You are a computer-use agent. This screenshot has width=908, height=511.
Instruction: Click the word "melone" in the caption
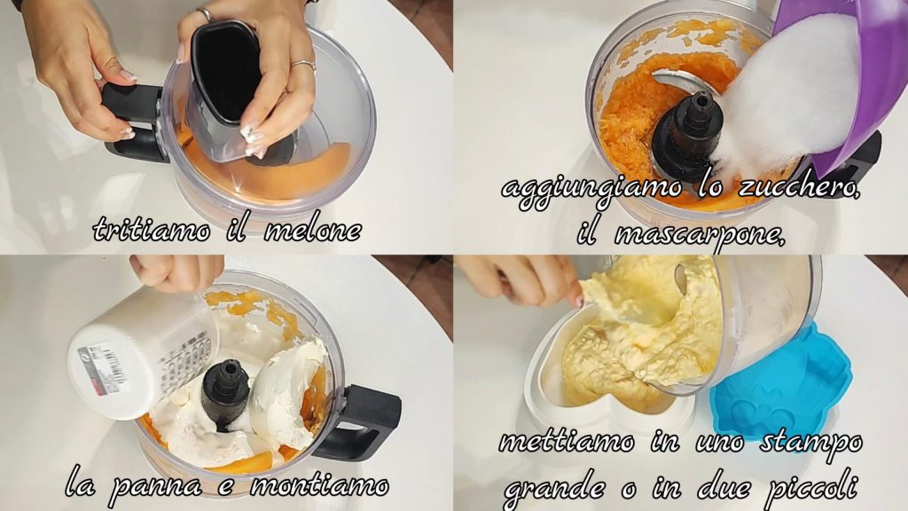[313, 231]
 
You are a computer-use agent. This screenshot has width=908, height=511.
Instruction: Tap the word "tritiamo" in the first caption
[152, 230]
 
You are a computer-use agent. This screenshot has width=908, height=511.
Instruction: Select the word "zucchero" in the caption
[799, 189]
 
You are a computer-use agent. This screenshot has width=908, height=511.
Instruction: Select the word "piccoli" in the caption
[811, 489]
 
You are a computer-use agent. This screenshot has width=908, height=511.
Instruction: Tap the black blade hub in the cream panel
[226, 394]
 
